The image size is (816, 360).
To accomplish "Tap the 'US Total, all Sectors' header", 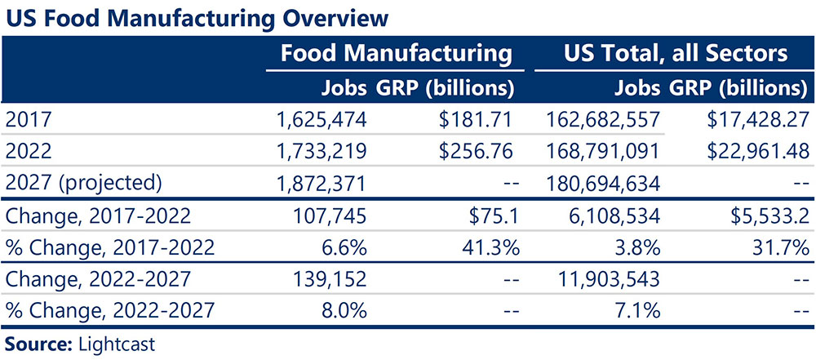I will (676, 54).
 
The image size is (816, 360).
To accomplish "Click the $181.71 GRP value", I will (473, 120).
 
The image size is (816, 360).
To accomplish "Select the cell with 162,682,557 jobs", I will (602, 120).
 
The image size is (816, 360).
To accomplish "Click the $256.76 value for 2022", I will (473, 151).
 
